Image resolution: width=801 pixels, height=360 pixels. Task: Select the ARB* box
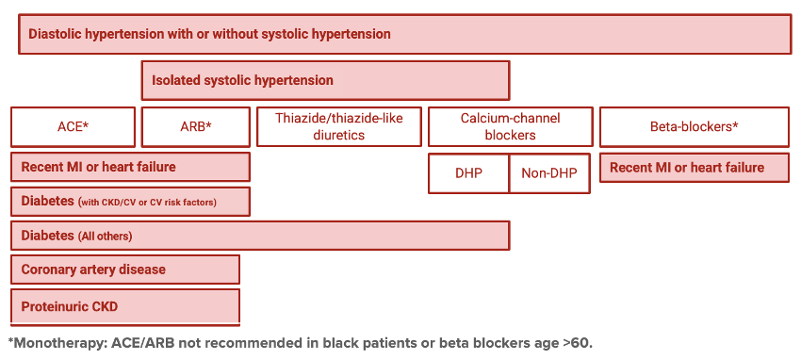pos(195,127)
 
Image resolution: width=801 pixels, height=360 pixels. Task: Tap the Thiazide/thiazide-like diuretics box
pos(339,127)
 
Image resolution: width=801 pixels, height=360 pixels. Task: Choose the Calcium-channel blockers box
pos(510,127)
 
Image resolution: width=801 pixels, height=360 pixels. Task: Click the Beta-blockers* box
pos(694,127)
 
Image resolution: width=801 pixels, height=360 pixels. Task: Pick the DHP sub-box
pos(468,173)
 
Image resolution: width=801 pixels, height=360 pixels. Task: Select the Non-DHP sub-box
pos(549,173)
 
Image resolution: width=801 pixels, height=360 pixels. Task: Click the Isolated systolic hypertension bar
pos(325,81)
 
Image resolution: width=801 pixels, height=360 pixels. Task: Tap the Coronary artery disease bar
pos(125,270)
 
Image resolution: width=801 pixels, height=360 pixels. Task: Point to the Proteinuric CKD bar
pos(125,306)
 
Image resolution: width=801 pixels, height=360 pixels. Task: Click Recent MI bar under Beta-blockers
pos(694,168)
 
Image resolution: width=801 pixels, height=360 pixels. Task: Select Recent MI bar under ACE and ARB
pos(130,167)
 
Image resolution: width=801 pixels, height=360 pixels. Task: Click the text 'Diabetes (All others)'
pos(76,236)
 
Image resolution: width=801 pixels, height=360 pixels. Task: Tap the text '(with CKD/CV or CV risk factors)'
pos(154,202)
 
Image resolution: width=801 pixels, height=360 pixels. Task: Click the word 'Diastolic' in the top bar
pos(57,34)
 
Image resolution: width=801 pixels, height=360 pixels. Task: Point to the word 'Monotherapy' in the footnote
pos(57,342)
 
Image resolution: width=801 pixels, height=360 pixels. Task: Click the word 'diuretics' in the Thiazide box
pos(339,135)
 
